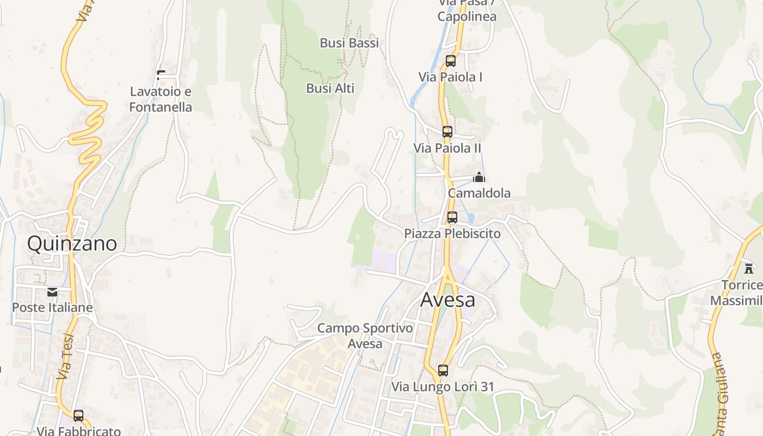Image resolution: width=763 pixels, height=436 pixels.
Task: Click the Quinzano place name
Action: (x=72, y=243)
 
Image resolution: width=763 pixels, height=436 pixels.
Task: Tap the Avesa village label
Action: (x=447, y=299)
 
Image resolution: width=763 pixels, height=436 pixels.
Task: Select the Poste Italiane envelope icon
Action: (x=52, y=292)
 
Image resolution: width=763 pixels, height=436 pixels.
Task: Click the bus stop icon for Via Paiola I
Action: (x=451, y=61)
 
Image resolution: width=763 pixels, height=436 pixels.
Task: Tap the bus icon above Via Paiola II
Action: (x=447, y=132)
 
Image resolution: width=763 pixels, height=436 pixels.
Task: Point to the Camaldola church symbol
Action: (x=479, y=177)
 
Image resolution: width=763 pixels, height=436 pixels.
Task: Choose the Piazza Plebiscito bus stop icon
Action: (x=452, y=217)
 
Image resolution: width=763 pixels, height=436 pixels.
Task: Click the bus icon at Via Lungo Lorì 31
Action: (x=443, y=371)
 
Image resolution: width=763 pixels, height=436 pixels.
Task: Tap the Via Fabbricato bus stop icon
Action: (x=78, y=416)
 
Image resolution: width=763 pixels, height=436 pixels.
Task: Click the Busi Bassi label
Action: (x=349, y=43)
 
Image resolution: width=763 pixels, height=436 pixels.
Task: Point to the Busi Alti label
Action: (x=330, y=88)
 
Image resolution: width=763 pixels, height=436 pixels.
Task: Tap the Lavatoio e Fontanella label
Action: (x=161, y=99)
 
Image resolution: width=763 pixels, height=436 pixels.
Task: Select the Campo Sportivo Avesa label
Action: (x=365, y=336)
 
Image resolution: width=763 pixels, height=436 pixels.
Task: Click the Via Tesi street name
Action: (x=65, y=357)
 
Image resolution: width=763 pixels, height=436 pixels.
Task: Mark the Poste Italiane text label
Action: (x=52, y=307)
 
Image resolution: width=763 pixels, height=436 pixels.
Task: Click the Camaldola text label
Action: (x=479, y=193)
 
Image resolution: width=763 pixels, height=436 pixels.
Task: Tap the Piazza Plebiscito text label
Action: (x=452, y=233)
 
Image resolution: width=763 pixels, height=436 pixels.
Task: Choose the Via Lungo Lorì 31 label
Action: (x=443, y=387)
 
